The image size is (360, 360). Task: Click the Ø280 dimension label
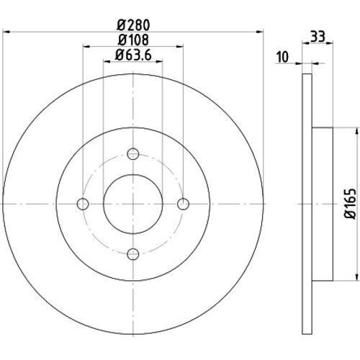[133, 25]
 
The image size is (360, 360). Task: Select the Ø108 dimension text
[133, 40]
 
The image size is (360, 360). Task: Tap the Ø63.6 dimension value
[133, 55]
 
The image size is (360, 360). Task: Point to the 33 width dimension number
[318, 36]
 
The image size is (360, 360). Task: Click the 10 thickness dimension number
[282, 57]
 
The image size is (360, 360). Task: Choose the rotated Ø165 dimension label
[350, 204]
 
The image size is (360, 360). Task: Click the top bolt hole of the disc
[133, 154]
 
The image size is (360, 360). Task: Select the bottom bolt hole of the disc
[133, 254]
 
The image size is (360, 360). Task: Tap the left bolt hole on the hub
[83, 204]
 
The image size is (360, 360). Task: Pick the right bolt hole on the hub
[183, 204]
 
